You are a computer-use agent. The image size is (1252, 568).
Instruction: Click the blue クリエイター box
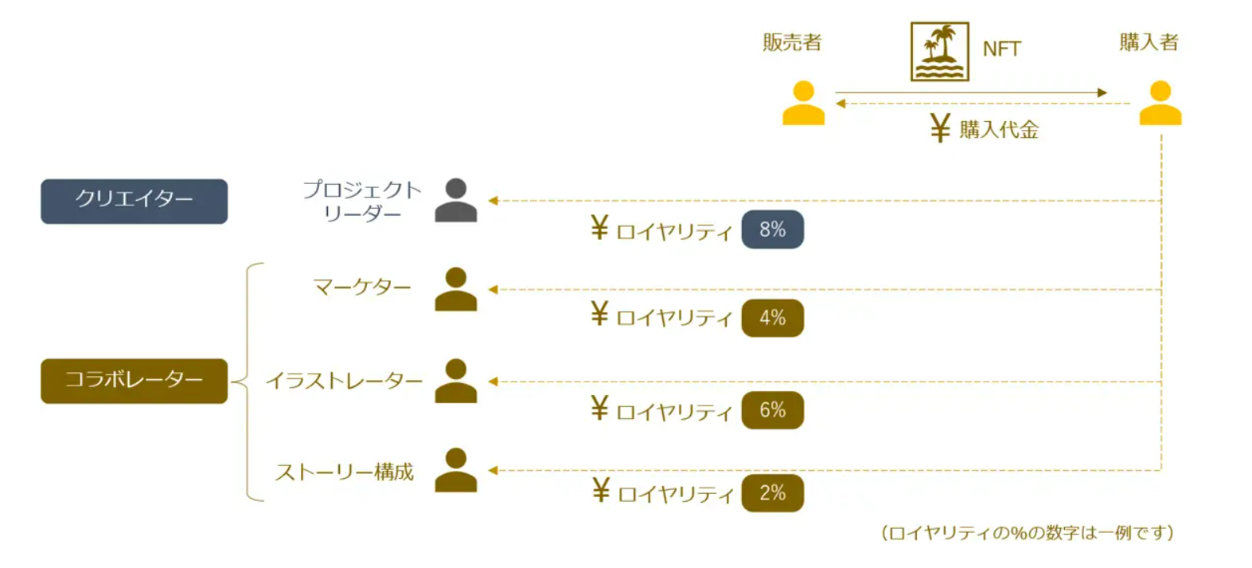click(134, 201)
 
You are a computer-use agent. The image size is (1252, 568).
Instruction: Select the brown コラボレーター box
click(134, 381)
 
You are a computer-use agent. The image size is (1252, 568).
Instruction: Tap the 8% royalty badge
click(772, 230)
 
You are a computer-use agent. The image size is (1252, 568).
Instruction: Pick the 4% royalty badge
click(772, 318)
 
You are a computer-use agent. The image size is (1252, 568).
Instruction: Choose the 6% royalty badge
click(772, 410)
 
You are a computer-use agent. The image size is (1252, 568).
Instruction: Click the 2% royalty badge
click(772, 493)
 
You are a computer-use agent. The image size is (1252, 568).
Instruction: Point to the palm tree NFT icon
click(939, 52)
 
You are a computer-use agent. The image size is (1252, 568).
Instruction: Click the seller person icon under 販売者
click(803, 104)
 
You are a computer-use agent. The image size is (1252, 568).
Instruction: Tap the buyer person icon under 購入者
click(1160, 104)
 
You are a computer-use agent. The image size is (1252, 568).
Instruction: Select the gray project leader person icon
click(456, 201)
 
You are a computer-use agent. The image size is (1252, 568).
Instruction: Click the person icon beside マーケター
click(456, 289)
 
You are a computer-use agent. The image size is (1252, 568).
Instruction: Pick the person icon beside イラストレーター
click(456, 381)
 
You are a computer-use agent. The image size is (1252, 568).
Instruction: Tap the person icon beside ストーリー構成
click(456, 470)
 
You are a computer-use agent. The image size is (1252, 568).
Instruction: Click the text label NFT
click(1001, 49)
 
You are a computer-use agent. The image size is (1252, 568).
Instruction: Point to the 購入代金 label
click(999, 130)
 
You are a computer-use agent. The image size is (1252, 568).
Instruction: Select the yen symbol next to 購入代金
click(940, 128)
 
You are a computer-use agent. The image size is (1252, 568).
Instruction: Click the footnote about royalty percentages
click(1027, 533)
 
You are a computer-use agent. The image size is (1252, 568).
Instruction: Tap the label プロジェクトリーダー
click(362, 202)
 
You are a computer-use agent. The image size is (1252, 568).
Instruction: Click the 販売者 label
click(792, 42)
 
